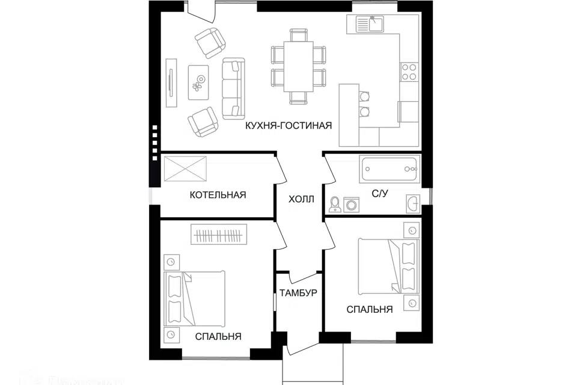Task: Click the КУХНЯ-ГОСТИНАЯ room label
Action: pyautogui.click(x=288, y=126)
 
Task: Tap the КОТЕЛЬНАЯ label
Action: pyautogui.click(x=218, y=195)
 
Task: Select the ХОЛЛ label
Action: pyautogui.click(x=301, y=199)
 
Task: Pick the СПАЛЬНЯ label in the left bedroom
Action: pyautogui.click(x=218, y=336)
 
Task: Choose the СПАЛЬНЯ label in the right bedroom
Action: pyautogui.click(x=370, y=309)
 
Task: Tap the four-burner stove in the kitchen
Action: pyautogui.click(x=409, y=72)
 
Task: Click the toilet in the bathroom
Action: pyautogui.click(x=335, y=204)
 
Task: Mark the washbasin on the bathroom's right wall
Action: pyautogui.click(x=413, y=204)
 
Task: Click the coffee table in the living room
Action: pyautogui.click(x=198, y=82)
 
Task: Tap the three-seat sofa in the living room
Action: pyautogui.click(x=233, y=88)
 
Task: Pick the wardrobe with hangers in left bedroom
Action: pyautogui.click(x=219, y=234)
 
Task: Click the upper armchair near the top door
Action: pyautogui.click(x=210, y=42)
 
